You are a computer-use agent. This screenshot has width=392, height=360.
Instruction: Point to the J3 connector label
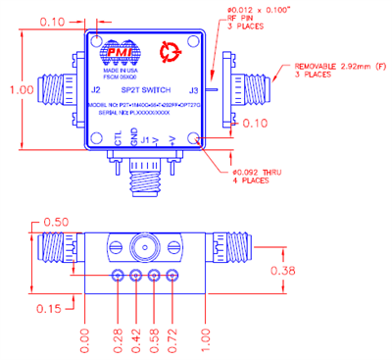(x=194, y=90)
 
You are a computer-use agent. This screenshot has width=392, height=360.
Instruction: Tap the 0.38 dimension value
(x=365, y=270)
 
